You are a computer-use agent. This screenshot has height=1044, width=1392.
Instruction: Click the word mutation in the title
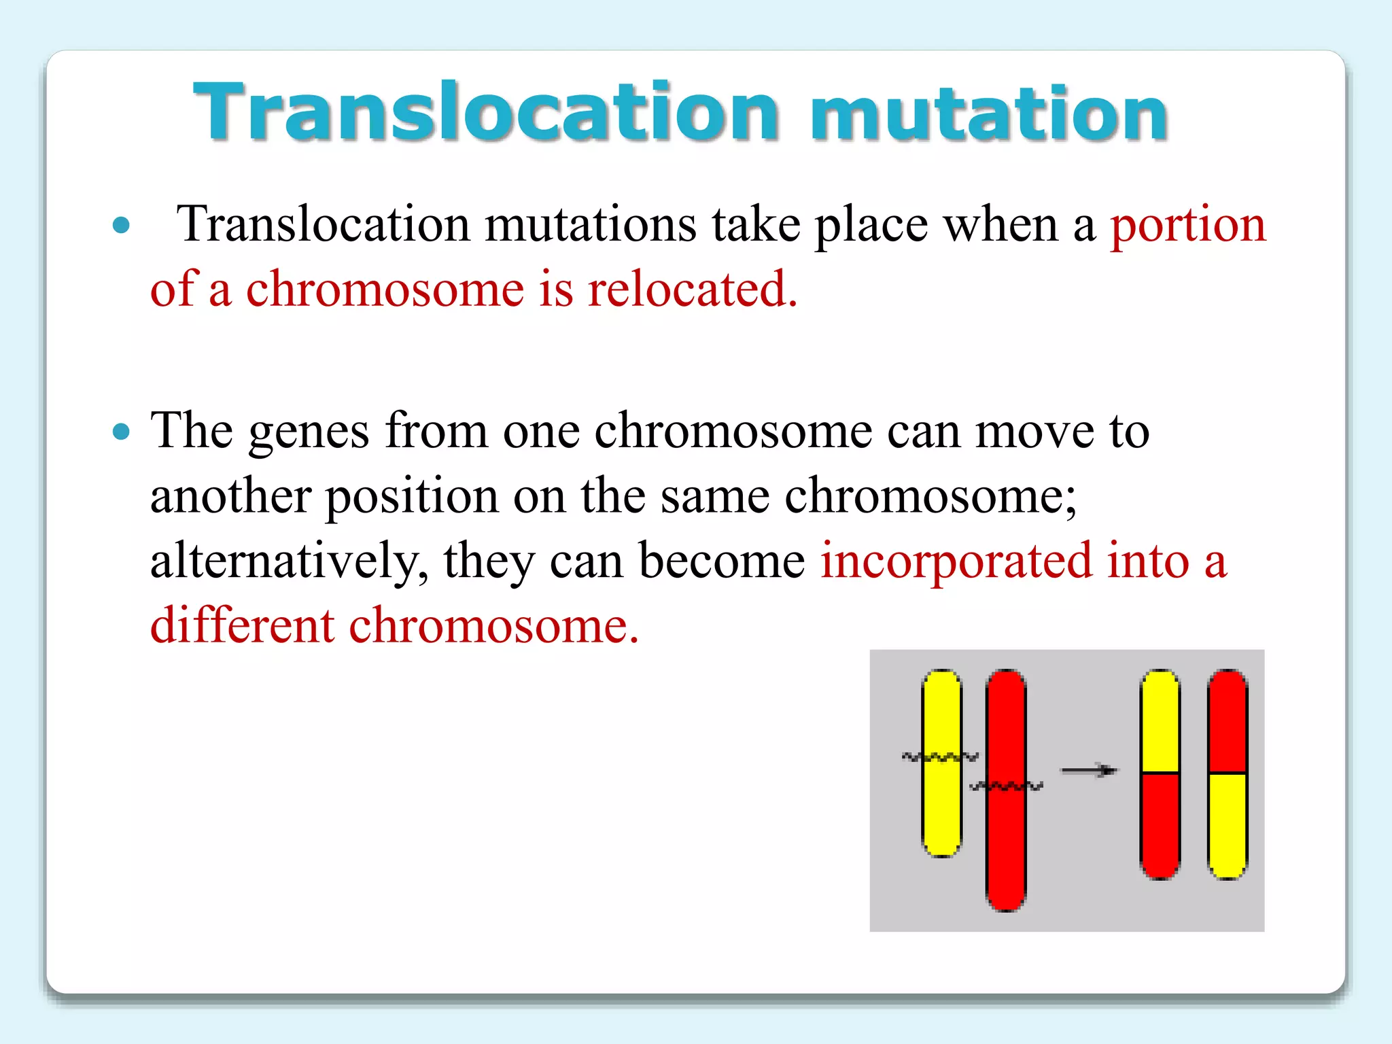point(989,114)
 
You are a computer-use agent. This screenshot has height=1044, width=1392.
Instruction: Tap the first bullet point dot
point(121,225)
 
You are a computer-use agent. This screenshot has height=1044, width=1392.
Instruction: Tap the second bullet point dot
point(121,431)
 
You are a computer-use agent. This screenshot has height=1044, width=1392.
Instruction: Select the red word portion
point(1187,226)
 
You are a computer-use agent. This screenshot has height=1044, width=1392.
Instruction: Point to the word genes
point(309,432)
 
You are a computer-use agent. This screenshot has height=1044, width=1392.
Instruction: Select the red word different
point(242,625)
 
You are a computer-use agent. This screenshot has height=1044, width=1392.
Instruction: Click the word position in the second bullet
point(412,497)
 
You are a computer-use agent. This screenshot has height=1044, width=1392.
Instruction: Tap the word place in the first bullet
point(871,226)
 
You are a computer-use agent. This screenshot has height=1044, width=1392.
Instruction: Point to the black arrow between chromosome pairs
point(1089,770)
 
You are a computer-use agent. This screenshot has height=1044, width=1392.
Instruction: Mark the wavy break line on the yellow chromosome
point(940,756)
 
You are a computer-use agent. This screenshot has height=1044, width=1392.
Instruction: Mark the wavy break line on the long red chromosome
point(1006,786)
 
